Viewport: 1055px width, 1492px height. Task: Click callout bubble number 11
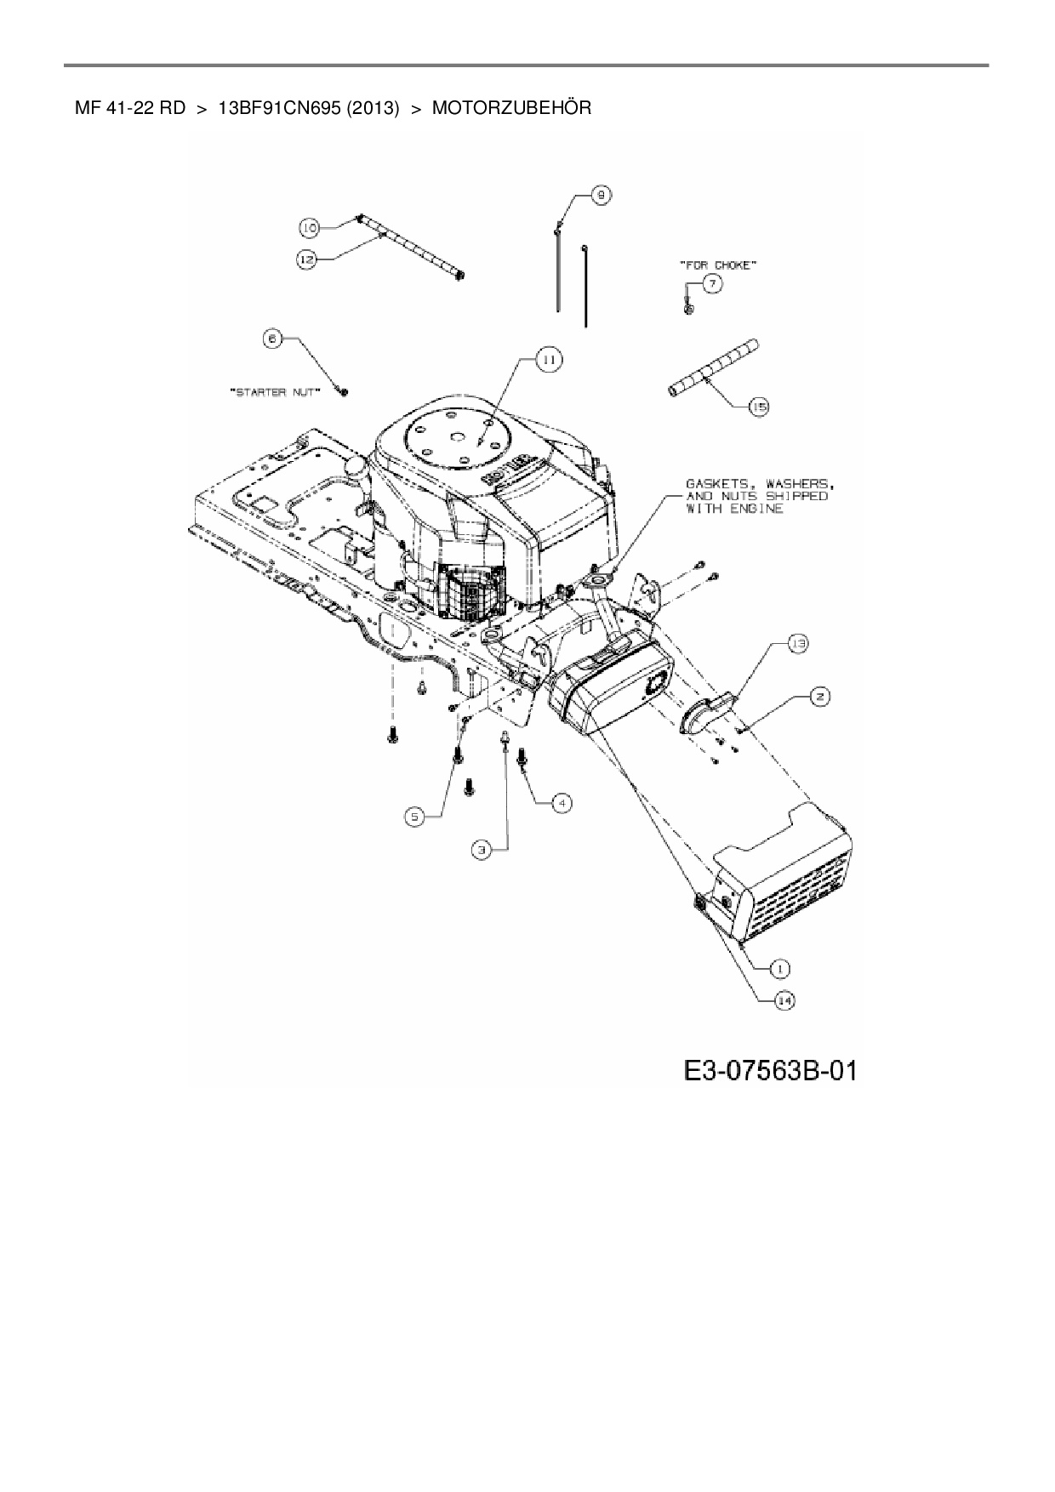coord(549,360)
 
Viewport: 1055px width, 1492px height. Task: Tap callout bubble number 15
coord(758,407)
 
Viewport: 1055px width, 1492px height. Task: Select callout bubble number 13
coord(797,645)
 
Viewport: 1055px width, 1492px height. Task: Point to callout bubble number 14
coord(784,1001)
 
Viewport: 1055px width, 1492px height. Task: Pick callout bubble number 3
coord(482,848)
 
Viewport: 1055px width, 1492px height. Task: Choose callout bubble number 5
coord(414,817)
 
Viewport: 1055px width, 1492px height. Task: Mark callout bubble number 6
coord(272,339)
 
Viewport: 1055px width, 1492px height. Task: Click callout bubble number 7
coord(712,284)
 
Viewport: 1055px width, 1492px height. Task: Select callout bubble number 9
coord(601,195)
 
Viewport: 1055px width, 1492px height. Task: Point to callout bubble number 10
coord(309,227)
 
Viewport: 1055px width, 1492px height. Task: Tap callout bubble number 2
coord(819,697)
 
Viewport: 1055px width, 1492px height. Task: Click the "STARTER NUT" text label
coord(275,392)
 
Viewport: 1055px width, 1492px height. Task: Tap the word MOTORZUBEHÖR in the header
coord(511,109)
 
